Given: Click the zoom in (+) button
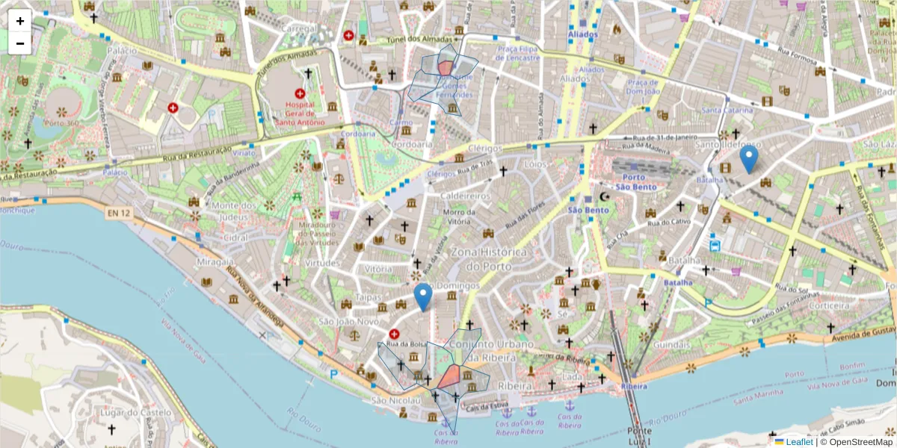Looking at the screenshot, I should (x=20, y=21).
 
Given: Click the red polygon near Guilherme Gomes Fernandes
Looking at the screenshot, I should (x=446, y=67).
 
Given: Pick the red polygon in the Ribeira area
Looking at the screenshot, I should (x=450, y=377).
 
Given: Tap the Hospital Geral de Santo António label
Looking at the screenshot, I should (x=300, y=113).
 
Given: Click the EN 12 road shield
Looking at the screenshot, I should (x=118, y=214).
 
